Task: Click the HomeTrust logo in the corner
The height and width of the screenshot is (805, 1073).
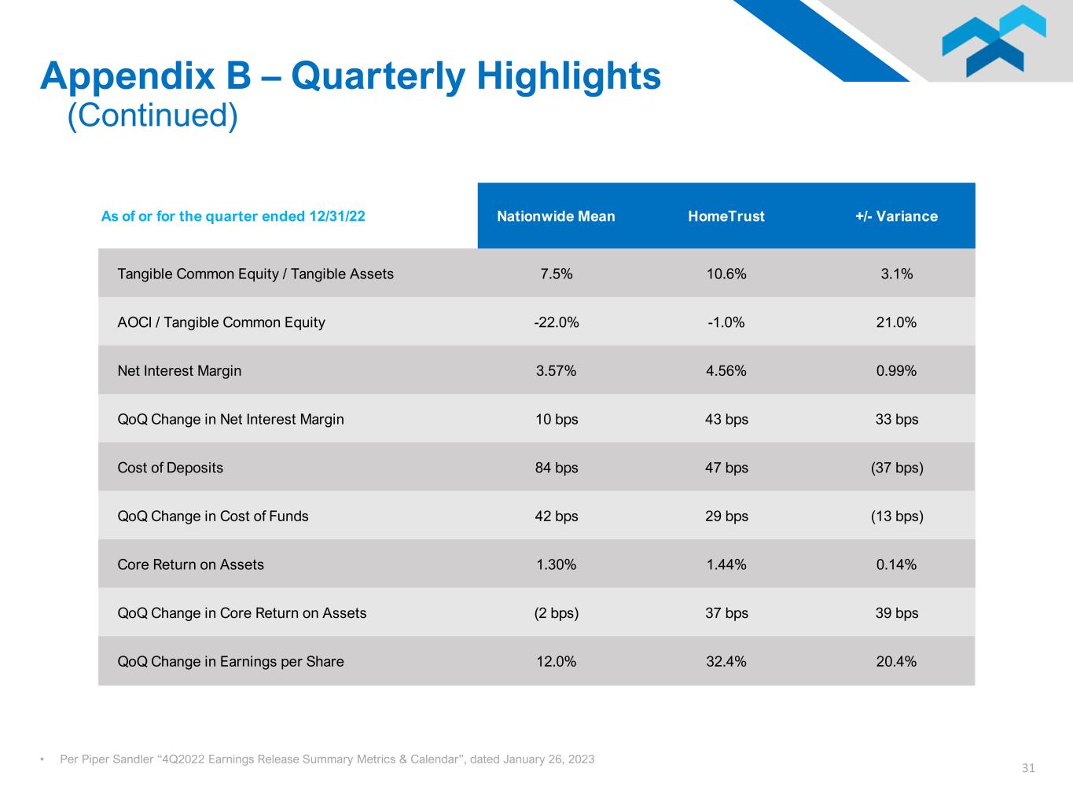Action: (994, 41)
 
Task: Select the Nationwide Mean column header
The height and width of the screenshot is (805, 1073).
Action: (556, 216)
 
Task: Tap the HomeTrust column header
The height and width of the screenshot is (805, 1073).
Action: (726, 216)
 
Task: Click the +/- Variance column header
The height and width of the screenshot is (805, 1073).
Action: (896, 216)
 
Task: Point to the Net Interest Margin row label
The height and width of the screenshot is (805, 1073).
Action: (179, 371)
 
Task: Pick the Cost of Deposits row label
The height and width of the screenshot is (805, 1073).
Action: (170, 468)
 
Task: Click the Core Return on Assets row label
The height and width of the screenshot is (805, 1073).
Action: (190, 564)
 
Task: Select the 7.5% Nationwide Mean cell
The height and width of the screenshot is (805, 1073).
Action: (556, 274)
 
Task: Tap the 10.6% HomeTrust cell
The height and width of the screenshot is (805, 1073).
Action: (726, 274)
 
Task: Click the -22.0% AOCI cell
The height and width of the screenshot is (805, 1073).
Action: (556, 322)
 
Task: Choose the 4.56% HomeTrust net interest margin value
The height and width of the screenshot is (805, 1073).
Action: (726, 371)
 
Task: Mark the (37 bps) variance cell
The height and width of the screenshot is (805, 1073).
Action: (896, 468)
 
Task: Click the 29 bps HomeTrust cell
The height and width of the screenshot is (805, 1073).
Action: (726, 516)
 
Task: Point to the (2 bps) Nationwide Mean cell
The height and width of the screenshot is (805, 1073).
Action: (556, 613)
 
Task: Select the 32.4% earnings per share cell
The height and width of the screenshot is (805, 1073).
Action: (726, 662)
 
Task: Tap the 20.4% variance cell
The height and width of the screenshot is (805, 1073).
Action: (896, 662)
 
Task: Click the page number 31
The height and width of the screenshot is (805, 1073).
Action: (1028, 768)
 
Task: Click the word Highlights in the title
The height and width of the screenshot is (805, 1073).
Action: (568, 76)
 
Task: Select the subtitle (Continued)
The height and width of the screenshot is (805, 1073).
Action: (152, 116)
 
